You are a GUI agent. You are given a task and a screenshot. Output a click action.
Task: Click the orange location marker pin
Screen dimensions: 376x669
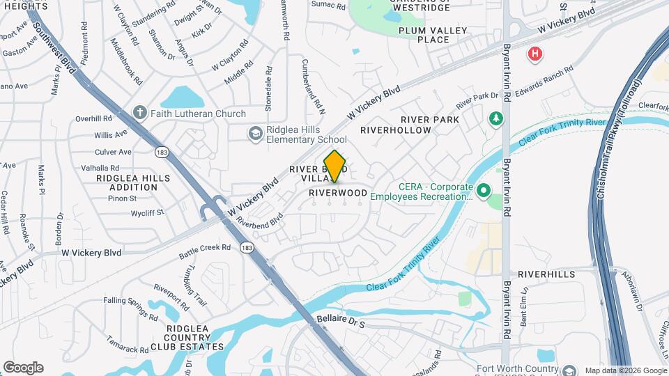pyautogui.click(x=335, y=166)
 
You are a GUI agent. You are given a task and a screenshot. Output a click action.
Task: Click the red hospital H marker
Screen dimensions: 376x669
pyautogui.click(x=535, y=54)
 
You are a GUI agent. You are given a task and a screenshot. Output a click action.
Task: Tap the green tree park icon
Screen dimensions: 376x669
pyautogui.click(x=496, y=119)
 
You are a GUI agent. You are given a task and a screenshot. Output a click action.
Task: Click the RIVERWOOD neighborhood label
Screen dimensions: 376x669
pyautogui.click(x=338, y=192)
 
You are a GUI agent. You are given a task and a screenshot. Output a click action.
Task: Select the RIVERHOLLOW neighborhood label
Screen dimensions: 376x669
pyautogui.click(x=397, y=130)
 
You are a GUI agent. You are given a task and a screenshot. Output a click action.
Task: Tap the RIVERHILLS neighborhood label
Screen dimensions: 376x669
pyautogui.click(x=546, y=274)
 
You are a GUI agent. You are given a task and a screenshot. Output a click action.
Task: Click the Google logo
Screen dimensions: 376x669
pyautogui.click(x=23, y=367)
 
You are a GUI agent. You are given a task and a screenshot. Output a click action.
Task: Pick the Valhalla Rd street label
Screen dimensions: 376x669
pyautogui.click(x=100, y=168)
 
